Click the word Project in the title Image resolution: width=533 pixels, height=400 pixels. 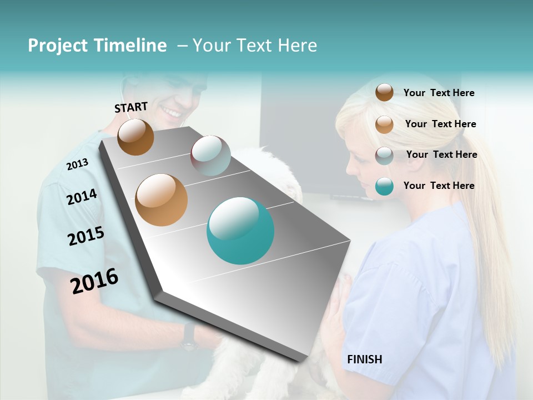pos(57,46)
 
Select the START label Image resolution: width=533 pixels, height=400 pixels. pos(131,107)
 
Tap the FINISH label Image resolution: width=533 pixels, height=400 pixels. pos(364,359)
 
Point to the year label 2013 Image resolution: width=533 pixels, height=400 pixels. pos(77,164)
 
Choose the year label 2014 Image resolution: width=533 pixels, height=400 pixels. pos(82,197)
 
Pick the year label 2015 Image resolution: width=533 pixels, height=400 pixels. pos(86,236)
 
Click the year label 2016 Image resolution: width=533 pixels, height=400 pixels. pos(94,281)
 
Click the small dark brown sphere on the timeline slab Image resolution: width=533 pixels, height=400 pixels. pos(135,137)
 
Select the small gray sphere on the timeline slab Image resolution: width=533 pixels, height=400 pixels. pos(210,155)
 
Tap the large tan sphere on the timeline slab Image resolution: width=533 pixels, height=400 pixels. pos(162,200)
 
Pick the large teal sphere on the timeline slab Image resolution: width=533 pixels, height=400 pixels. pos(240,231)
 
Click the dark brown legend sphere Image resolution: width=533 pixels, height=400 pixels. pos(384,93)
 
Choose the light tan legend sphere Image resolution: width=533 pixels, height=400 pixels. pos(384,124)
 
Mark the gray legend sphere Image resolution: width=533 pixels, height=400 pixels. pos(384,156)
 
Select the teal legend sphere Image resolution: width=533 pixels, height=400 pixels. pos(384,186)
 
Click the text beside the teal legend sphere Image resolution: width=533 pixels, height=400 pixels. pos(439,186)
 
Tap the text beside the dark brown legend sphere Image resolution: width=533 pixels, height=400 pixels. pos(439,93)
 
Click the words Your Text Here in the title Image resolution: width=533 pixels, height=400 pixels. pos(255,46)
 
